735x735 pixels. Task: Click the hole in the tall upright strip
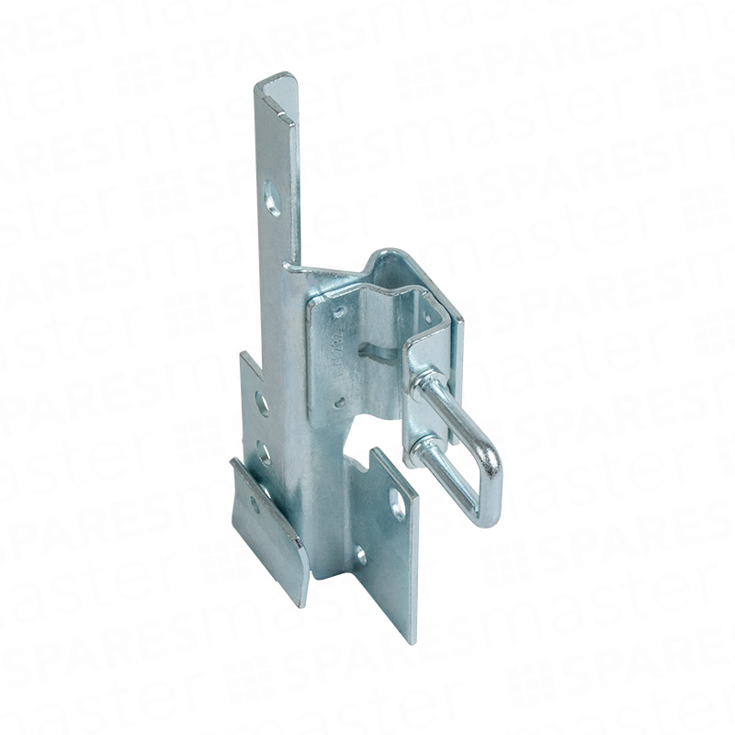pyautogui.click(x=274, y=198)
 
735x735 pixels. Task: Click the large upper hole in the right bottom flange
pyautogui.click(x=397, y=503)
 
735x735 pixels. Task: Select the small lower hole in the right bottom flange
pyautogui.click(x=360, y=555)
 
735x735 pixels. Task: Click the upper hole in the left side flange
pyautogui.click(x=261, y=401)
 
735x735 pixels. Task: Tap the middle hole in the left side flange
pyautogui.click(x=263, y=451)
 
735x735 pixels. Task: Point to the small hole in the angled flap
pyautogui.click(x=266, y=496)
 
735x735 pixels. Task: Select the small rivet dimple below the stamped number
pyautogui.click(x=341, y=401)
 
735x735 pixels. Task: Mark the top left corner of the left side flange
pyautogui.click(x=243, y=355)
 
